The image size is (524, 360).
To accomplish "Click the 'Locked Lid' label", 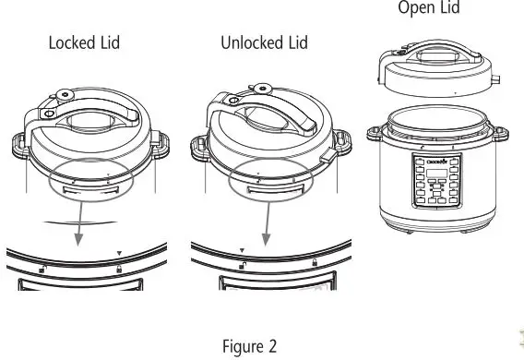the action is coord(84,42).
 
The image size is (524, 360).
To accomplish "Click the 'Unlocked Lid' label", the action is coord(265,42).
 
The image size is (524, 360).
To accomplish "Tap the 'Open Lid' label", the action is coord(427,8).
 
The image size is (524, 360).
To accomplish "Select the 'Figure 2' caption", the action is coord(249,346).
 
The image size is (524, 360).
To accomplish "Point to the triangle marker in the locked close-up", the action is coord(118,252).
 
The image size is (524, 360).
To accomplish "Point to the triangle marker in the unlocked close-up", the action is coord(242,250).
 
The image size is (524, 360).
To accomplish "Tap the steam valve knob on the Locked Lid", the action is coord(61,94).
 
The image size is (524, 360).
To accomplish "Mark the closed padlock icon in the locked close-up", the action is coord(119,268).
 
